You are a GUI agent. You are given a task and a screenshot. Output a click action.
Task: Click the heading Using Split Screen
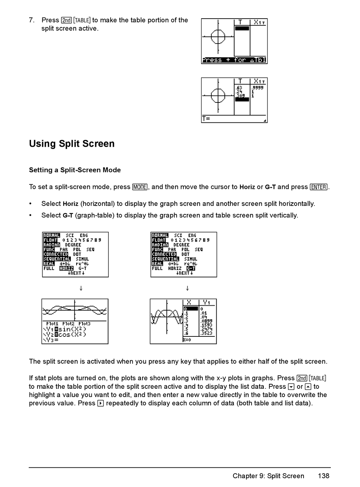(72, 144)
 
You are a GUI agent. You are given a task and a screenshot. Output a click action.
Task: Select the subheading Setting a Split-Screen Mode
(75, 170)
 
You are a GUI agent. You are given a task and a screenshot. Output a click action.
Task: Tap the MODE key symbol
(140, 187)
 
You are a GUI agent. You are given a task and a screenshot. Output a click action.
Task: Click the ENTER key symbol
(318, 187)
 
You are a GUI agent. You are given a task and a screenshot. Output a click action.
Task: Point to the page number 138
(323, 476)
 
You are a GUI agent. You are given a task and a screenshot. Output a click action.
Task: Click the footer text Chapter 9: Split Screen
(268, 476)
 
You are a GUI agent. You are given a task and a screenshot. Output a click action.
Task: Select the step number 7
(32, 20)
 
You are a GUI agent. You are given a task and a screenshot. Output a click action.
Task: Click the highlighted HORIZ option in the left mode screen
(66, 268)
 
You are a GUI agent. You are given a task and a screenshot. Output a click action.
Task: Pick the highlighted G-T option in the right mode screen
(191, 268)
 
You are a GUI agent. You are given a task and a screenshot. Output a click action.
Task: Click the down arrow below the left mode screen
(81, 288)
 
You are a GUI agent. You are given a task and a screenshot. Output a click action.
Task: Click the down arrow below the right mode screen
(187, 288)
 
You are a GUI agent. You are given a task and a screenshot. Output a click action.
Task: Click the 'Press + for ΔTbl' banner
(234, 60)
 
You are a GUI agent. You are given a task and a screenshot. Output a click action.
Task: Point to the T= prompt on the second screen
(206, 119)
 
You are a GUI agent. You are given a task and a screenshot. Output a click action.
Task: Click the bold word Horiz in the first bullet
(70, 204)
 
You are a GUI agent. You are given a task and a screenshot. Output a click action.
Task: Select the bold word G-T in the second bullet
(68, 215)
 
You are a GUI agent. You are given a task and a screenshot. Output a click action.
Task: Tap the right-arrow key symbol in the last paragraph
(100, 403)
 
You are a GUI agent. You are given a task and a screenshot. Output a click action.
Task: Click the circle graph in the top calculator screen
(218, 37)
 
